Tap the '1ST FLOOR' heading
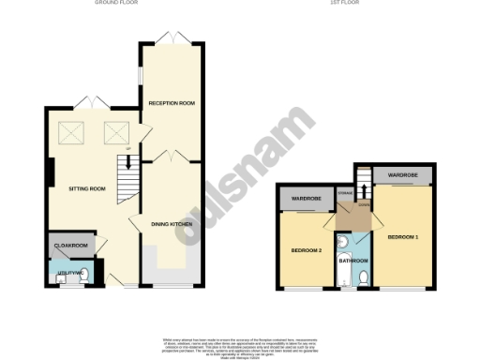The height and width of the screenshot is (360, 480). (341, 3)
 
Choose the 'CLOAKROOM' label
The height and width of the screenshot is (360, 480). (71, 246)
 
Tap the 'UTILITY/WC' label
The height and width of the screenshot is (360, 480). (70, 271)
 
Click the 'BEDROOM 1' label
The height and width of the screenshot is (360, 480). (403, 235)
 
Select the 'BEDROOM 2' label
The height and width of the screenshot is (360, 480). (306, 250)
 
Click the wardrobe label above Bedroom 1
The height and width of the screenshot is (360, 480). (403, 175)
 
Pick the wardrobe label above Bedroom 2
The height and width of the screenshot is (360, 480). (305, 200)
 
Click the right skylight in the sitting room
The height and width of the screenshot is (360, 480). (115, 134)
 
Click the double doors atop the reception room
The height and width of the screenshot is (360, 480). (171, 38)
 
